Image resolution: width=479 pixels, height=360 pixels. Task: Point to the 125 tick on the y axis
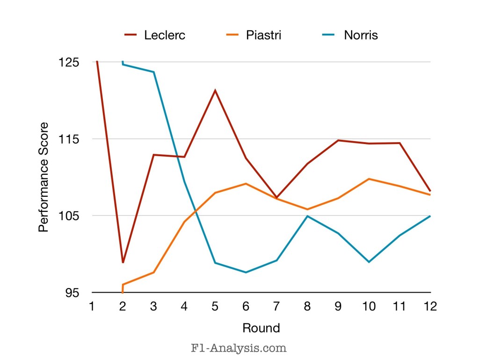70,62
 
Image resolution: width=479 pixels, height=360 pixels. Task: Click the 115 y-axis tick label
70,139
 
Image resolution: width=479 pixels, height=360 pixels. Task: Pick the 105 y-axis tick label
70,216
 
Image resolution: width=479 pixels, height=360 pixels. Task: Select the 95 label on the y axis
73,293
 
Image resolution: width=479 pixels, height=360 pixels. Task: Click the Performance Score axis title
43,177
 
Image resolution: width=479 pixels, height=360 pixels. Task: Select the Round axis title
261,328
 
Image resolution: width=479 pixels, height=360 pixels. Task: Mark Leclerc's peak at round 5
215,90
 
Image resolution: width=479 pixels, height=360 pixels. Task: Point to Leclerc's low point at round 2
123,262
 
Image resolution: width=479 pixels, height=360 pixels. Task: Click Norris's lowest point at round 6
246,272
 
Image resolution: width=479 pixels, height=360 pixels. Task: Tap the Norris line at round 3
153,72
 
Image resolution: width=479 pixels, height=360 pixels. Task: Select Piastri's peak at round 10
369,179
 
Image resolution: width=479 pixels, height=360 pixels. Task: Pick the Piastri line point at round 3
153,272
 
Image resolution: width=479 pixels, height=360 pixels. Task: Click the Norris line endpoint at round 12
429,216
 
